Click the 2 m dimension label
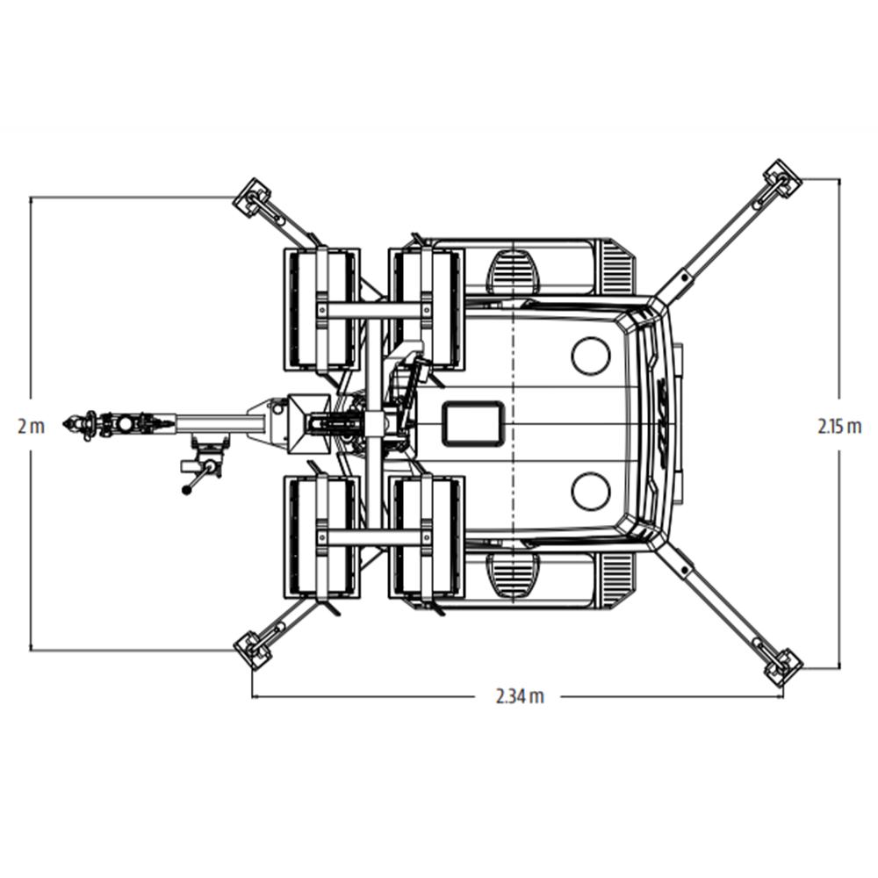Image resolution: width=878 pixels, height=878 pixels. [x=31, y=427]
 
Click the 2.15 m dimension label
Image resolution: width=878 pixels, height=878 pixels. [x=839, y=427]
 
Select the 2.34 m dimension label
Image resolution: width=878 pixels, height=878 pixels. [x=520, y=696]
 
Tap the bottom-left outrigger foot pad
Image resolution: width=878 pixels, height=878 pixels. [x=252, y=650]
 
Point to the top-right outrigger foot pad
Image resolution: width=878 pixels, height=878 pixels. [x=782, y=178]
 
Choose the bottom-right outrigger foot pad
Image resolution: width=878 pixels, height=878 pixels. [x=783, y=667]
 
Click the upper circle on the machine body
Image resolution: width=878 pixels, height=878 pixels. [x=591, y=356]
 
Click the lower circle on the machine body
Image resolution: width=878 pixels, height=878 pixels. [x=591, y=491]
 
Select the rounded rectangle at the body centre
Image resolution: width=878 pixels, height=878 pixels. [x=474, y=424]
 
